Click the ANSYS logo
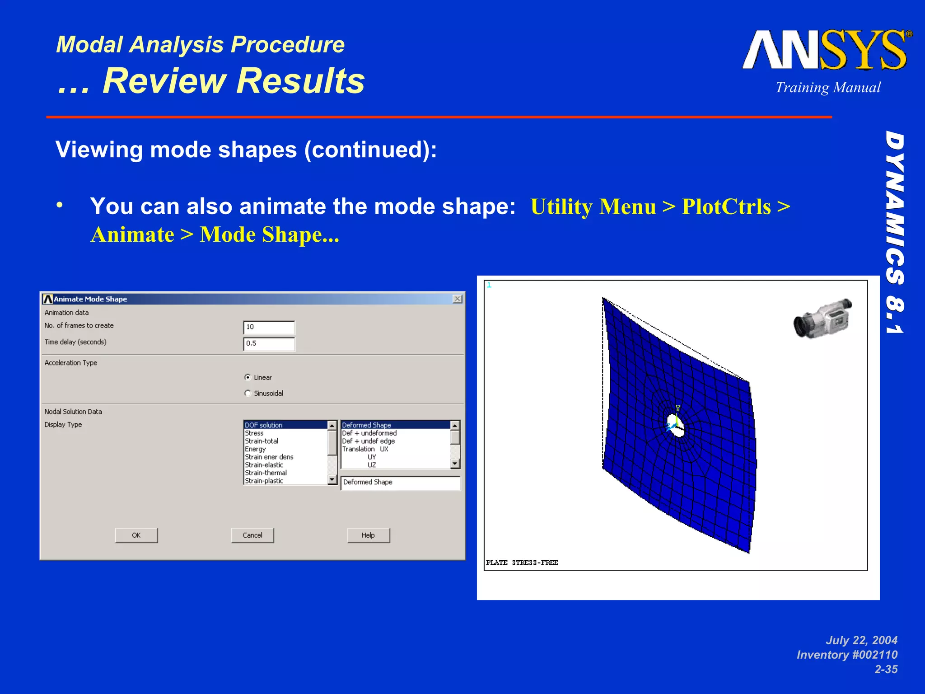826,51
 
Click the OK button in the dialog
136,535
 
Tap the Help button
368,535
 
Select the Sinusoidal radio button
248,393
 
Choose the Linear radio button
248,377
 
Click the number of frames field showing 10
269,327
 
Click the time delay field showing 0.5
269,343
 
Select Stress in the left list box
254,433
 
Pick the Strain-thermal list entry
266,473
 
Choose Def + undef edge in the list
368,441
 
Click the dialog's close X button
457,299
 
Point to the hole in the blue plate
676,427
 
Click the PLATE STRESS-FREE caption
522,563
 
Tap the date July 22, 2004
861,640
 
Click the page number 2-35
886,669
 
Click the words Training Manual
828,87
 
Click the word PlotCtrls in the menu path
726,207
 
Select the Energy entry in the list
255,449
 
